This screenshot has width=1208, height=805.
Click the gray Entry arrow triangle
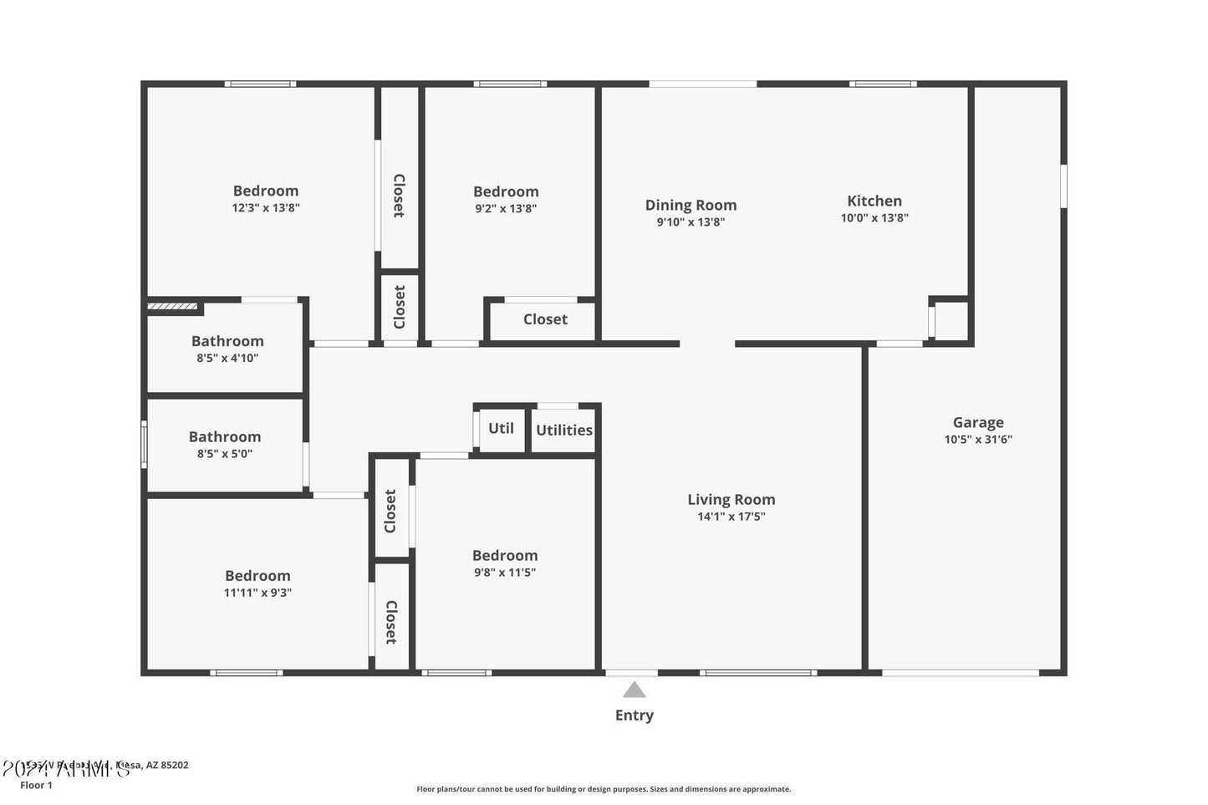(635, 690)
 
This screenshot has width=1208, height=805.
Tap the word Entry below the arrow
(635, 716)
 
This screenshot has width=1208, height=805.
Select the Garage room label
(978, 423)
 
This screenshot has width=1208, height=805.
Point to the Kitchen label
(874, 201)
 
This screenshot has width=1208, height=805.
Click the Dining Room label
(691, 205)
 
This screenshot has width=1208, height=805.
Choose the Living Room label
(731, 500)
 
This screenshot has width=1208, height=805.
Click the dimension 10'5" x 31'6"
(978, 440)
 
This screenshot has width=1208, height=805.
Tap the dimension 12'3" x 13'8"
(266, 208)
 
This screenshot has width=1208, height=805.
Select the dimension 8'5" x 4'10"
(227, 358)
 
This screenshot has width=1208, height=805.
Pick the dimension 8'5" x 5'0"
(225, 454)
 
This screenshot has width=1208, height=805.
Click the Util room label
(501, 428)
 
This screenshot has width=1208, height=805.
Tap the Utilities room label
(564, 431)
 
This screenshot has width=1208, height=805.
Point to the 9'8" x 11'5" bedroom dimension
(505, 573)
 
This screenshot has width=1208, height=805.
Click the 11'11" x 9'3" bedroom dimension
(257, 593)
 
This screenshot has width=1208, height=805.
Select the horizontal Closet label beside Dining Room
(545, 319)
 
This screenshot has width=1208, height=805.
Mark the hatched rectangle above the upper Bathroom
(173, 307)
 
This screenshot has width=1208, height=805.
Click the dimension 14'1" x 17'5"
(731, 517)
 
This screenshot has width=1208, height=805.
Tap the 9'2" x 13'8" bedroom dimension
(506, 209)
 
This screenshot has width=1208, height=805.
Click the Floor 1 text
(36, 785)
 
